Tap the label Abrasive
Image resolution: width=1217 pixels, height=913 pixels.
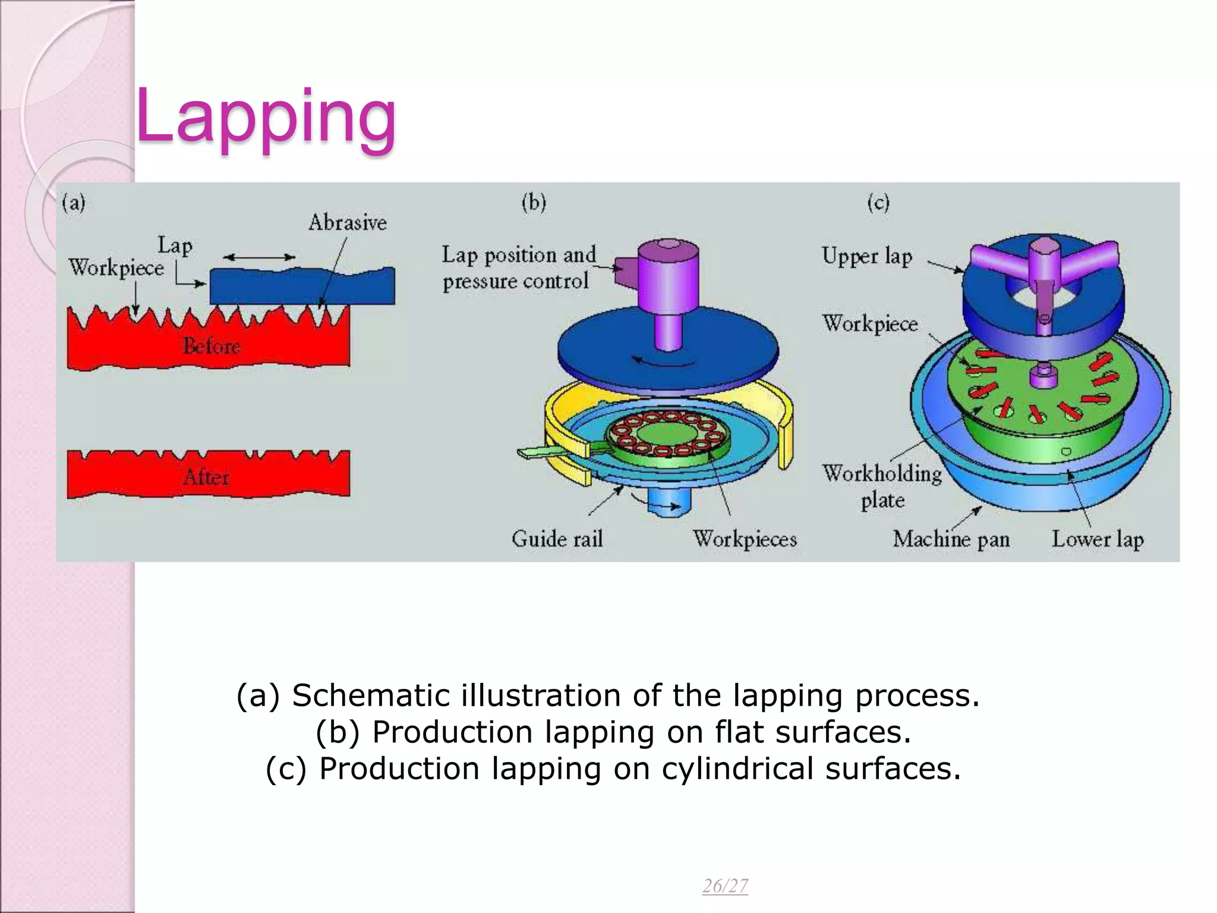pos(348,223)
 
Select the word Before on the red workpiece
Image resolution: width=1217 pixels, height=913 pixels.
pos(212,346)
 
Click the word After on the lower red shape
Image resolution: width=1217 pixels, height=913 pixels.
pos(206,477)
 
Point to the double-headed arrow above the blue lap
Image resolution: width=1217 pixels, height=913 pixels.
pos(259,257)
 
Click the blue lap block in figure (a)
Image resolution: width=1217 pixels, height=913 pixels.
pos(302,287)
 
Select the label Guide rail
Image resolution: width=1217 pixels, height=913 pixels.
pos(557,539)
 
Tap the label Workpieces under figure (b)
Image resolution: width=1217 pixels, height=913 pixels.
pos(745,539)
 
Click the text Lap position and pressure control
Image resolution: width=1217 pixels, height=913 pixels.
pos(518,268)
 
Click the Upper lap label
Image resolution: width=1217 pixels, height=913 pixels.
pos(867,257)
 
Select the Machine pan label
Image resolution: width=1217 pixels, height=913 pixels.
pos(951,539)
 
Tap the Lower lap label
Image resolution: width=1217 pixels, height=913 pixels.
pos(1098,539)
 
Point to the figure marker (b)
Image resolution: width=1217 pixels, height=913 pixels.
pos(534,203)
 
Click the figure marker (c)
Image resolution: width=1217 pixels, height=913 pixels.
pos(878,203)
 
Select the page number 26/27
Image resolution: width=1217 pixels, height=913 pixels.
pos(725,886)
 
